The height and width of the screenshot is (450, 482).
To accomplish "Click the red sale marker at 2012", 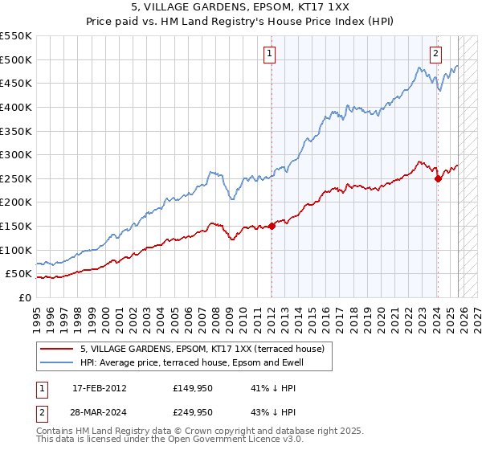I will [272, 226].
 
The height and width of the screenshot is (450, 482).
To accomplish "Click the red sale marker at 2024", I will [438, 178].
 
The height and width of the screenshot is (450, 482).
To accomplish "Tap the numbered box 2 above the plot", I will [435, 55].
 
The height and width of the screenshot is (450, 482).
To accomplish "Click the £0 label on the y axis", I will [24, 297].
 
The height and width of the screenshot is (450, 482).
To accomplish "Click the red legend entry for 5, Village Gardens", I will [201, 349].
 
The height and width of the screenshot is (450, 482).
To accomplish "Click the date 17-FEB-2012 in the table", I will [99, 387].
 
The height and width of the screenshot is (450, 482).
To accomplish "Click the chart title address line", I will [241, 8].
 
